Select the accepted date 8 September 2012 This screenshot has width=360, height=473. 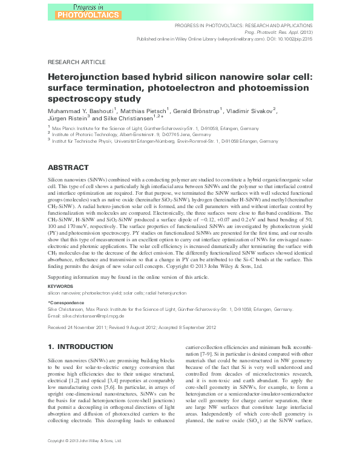pos(192,327)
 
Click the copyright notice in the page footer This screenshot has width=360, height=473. pos(85,457)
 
